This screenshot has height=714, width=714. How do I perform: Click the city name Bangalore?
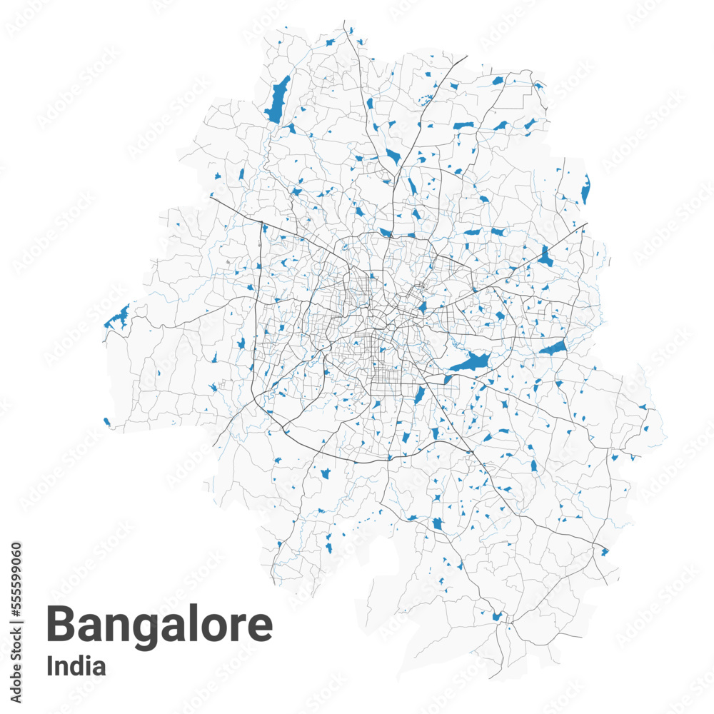(x=159, y=624)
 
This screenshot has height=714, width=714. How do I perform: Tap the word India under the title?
(x=76, y=666)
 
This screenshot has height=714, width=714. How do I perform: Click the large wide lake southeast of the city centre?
(x=470, y=363)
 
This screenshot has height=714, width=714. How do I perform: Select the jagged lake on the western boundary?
(x=117, y=316)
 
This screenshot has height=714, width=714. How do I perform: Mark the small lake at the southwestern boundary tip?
(x=107, y=422)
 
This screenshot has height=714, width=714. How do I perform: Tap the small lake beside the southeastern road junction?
(x=604, y=551)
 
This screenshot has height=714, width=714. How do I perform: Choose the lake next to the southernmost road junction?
(x=497, y=615)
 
